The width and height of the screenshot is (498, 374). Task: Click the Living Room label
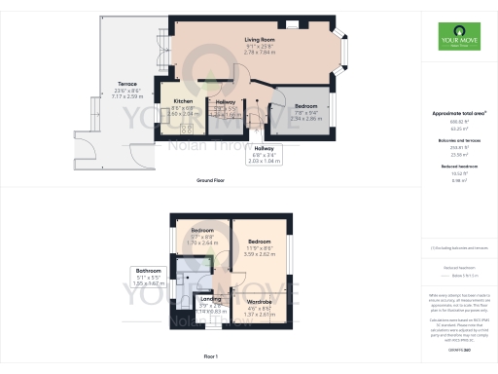258,40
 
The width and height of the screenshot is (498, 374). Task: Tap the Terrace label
127,86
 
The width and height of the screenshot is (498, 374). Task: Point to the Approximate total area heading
459,114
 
